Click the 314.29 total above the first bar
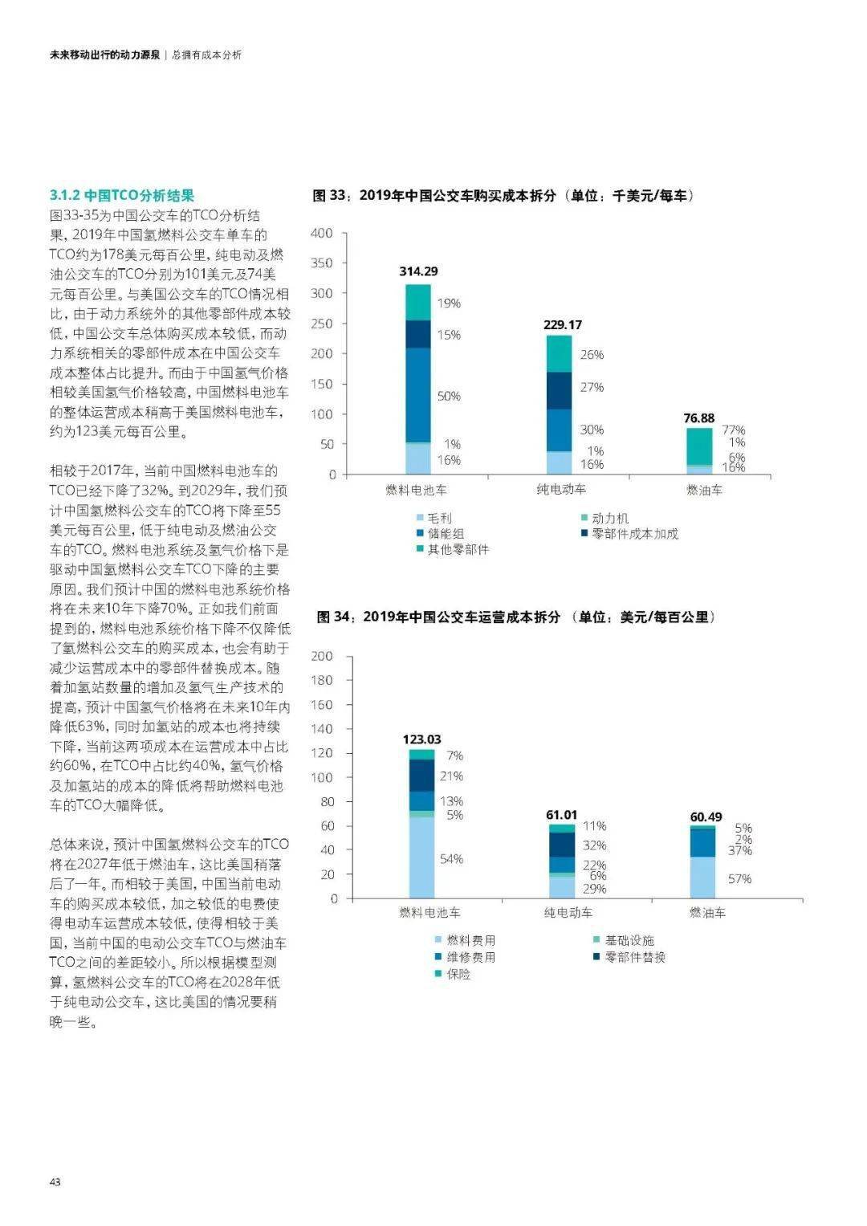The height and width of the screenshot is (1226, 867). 418,271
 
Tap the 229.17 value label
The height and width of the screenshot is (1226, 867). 562,324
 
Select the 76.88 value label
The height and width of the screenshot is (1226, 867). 699,417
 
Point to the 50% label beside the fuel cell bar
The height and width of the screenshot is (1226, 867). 449,396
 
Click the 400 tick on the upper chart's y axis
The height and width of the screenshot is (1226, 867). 321,233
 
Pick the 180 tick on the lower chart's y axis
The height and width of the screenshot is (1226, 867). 321,680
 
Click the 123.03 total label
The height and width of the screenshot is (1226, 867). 421,739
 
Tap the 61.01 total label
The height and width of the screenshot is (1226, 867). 561,814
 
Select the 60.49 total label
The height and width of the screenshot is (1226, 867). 706,817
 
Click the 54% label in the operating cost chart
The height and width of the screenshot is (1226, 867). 451,859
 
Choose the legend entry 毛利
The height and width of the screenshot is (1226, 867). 434,518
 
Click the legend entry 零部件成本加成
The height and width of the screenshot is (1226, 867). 629,534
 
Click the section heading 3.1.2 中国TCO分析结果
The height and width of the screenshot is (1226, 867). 122,195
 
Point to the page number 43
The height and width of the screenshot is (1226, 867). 55,1182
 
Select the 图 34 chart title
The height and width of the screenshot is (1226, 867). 516,617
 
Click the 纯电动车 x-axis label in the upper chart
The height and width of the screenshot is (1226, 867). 562,489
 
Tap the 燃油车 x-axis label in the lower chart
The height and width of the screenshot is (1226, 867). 708,912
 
